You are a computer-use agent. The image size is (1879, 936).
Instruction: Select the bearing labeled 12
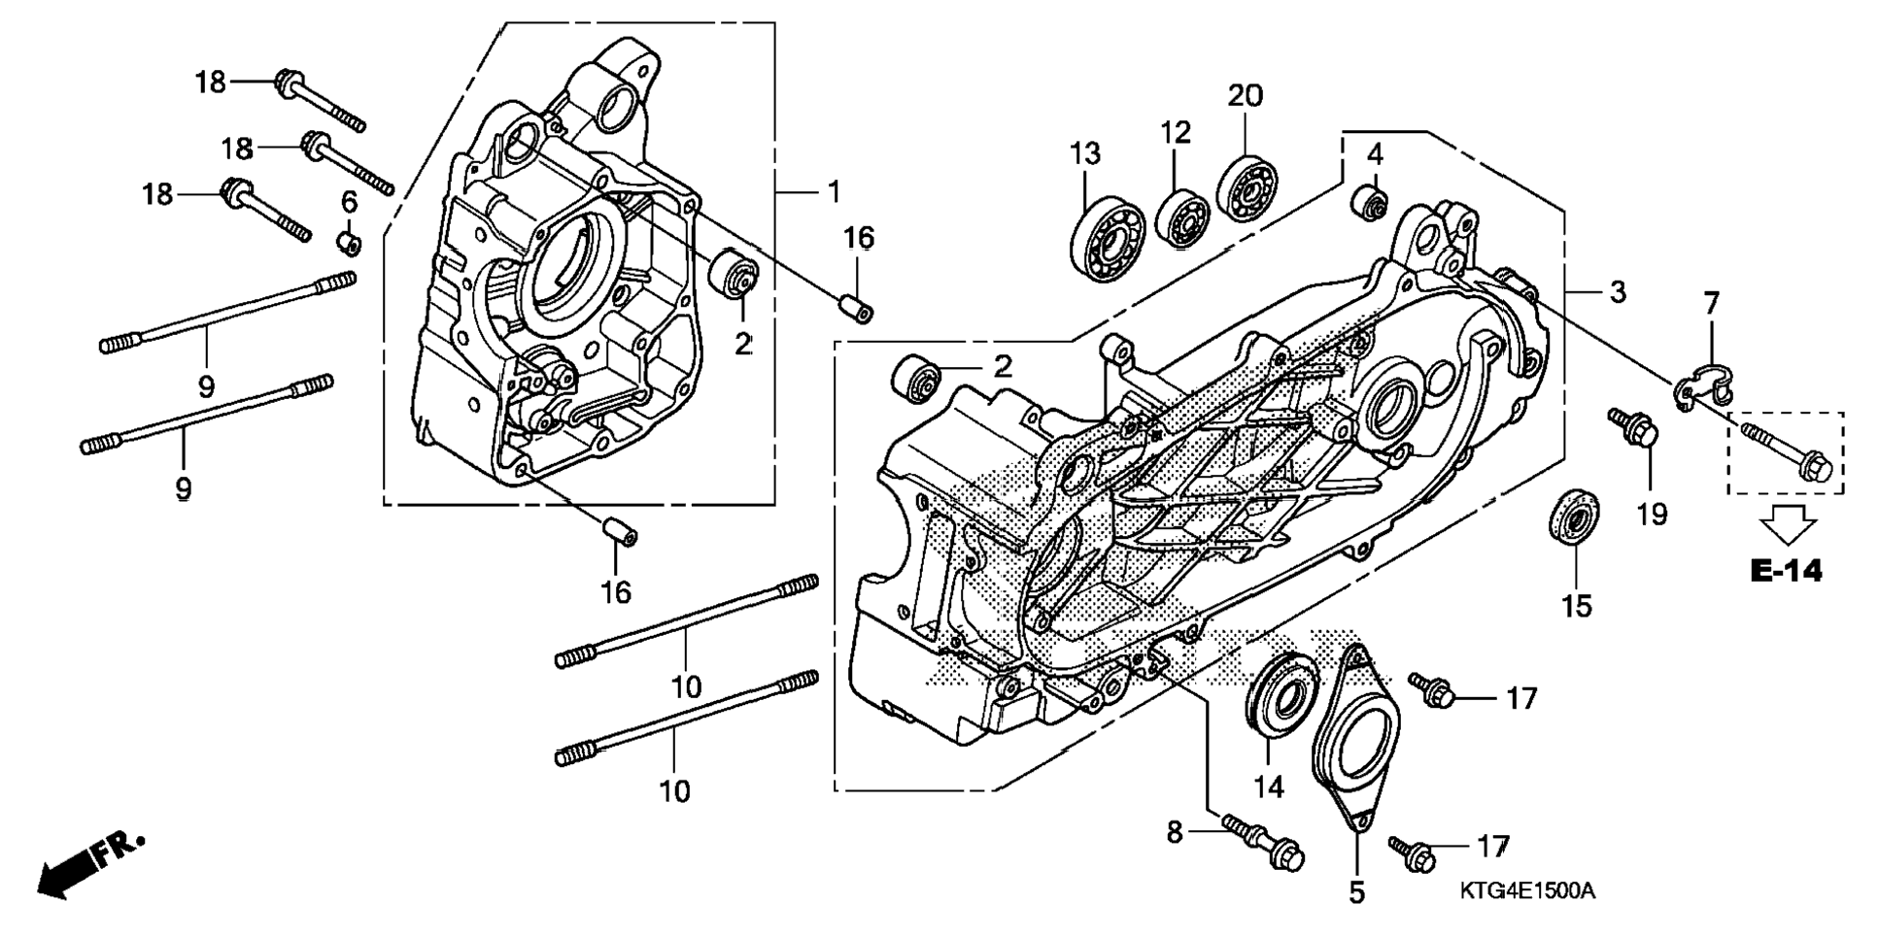[x=1182, y=219]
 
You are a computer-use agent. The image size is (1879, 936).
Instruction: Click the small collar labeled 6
[x=350, y=241]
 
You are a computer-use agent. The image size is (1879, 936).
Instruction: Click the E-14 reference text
[x=1786, y=572]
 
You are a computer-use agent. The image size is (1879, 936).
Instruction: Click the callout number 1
[x=833, y=192]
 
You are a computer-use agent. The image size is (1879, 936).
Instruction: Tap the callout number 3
[x=1617, y=291]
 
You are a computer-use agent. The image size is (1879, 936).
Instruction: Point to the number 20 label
[x=1245, y=95]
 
